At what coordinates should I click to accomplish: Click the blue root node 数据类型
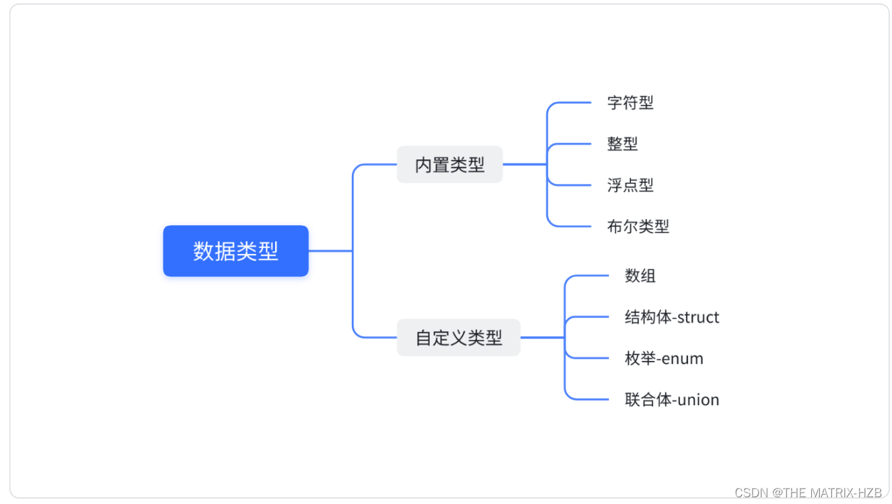[x=235, y=251]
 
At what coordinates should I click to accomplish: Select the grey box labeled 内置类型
[x=449, y=164]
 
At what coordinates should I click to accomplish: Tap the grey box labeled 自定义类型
[x=458, y=337]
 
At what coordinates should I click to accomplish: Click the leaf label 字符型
[x=630, y=103]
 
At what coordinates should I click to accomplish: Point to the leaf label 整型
[x=622, y=144]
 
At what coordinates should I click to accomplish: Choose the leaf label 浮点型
[x=630, y=185]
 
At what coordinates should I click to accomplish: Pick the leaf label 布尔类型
[x=638, y=226]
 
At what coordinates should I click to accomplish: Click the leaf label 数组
[x=640, y=276]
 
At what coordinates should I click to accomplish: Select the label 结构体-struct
[x=671, y=317]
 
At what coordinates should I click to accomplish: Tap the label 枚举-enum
[x=663, y=358]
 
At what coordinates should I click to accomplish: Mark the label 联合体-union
[x=671, y=400]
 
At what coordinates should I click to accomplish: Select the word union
[x=698, y=400]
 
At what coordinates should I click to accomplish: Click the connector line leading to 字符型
[x=572, y=103]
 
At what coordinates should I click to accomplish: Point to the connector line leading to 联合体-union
[x=589, y=399]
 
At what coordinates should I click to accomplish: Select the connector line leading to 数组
[x=589, y=276]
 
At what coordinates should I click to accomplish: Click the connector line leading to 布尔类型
[x=572, y=226]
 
